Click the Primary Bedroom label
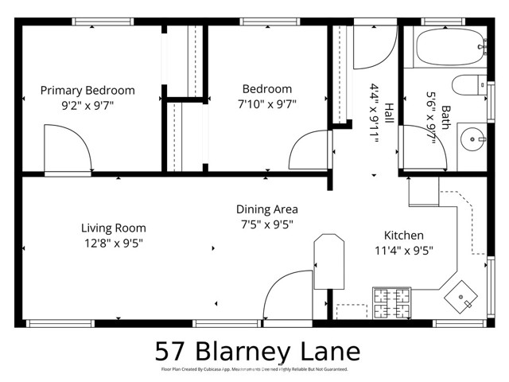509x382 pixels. pos(87,90)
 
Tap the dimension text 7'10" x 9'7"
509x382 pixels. pos(266,103)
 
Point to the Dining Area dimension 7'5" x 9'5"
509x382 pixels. pos(266,224)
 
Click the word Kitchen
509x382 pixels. pos(404,236)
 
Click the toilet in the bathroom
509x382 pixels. pos(468,84)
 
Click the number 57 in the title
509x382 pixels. pos(170,351)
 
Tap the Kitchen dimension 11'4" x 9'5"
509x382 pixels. pos(404,251)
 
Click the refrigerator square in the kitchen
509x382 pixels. pos(423,191)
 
